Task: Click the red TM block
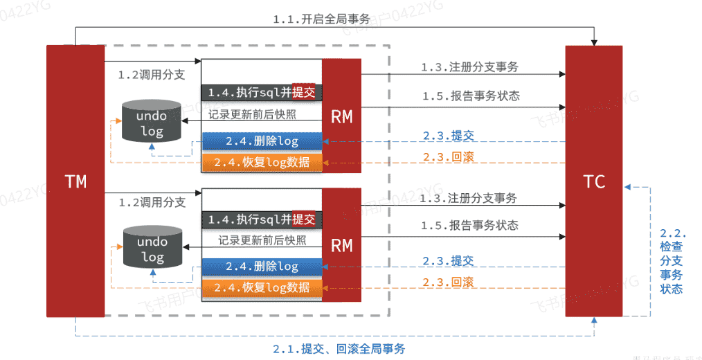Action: pos(75,181)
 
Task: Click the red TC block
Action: pos(593,181)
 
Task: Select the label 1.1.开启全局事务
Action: pos(321,19)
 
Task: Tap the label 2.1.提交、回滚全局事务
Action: pos(339,348)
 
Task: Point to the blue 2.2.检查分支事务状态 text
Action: pos(672,261)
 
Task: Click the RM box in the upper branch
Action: pos(341,116)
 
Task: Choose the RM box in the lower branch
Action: pos(341,245)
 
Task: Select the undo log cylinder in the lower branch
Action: pos(152,249)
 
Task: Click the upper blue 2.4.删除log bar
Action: pos(262,141)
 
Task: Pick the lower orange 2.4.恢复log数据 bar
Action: pos(262,287)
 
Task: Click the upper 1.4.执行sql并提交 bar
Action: pos(262,92)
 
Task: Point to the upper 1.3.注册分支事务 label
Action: pos(469,67)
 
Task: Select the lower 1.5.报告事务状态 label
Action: pos(469,226)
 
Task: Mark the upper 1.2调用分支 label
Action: pos(152,75)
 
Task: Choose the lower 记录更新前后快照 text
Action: pos(262,240)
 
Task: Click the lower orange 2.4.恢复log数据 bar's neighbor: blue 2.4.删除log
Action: pos(262,266)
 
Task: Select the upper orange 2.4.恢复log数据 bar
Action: pos(262,162)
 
